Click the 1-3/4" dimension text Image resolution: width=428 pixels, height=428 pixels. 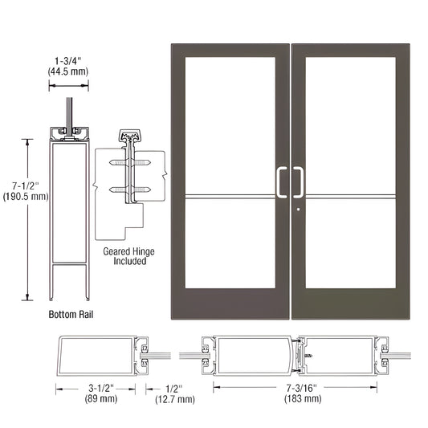coord(72,59)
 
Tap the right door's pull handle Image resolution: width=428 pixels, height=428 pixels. coord(299,181)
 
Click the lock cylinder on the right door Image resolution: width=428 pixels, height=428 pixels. coord(298,211)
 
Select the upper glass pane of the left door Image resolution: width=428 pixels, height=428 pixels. coord(230,124)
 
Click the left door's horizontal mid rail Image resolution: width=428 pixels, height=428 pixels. coord(230,195)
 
